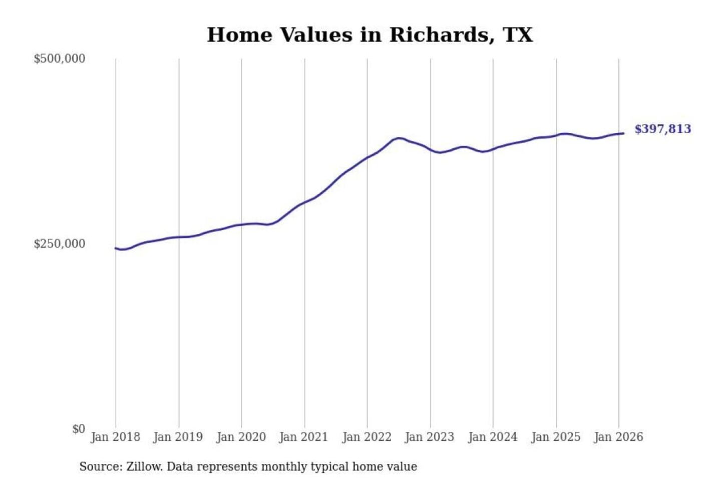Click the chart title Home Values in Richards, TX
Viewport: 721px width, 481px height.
[370, 35]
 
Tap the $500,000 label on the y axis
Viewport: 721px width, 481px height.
[60, 59]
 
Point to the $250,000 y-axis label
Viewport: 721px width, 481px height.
[60, 244]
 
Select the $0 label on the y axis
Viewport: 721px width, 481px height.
[79, 429]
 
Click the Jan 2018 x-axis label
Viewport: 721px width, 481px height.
[115, 437]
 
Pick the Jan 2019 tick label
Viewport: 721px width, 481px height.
[178, 437]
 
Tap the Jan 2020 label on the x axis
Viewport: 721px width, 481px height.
[241, 437]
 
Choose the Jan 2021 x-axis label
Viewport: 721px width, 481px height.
[303, 437]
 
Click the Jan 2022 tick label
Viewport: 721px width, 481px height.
[367, 437]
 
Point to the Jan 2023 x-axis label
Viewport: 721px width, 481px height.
[429, 437]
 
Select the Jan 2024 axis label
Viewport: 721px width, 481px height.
[492, 437]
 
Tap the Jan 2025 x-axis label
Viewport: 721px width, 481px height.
[555, 437]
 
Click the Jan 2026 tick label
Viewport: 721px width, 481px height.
[618, 437]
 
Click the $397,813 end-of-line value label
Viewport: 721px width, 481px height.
[662, 129]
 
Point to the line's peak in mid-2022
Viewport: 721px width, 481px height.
[399, 138]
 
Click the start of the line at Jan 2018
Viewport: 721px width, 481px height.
[116, 248]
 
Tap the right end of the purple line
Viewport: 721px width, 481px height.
[623, 133]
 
